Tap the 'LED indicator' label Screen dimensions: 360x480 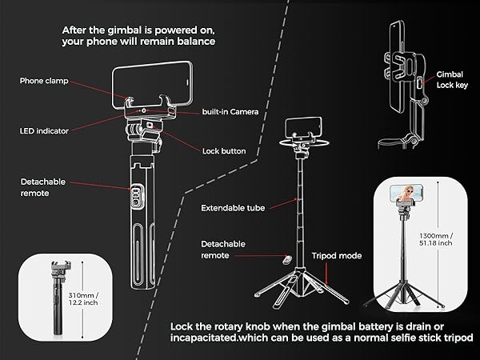coord(43,130)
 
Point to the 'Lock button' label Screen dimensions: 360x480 coord(223,150)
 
